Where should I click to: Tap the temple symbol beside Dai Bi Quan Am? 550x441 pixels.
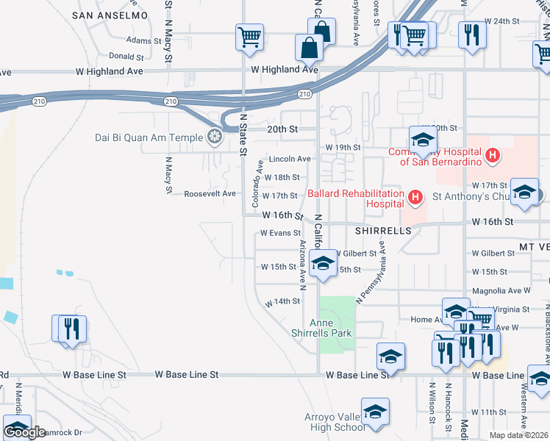point(214,136)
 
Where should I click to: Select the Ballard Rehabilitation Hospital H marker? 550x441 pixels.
point(415,196)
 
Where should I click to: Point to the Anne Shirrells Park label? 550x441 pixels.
point(330,328)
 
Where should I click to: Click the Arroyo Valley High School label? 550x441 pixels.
point(335,422)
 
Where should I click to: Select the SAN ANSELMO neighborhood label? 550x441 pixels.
point(111,15)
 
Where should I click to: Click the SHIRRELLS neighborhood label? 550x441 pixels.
point(382,230)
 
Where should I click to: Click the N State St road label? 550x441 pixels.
point(243,134)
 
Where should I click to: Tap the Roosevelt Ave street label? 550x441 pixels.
point(210,193)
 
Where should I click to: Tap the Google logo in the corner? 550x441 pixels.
point(24,432)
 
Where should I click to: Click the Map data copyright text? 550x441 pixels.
point(519,435)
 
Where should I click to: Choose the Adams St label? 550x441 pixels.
point(143,40)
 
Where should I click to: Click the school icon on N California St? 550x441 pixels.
point(322,265)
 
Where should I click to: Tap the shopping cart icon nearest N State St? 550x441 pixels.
point(250,37)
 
